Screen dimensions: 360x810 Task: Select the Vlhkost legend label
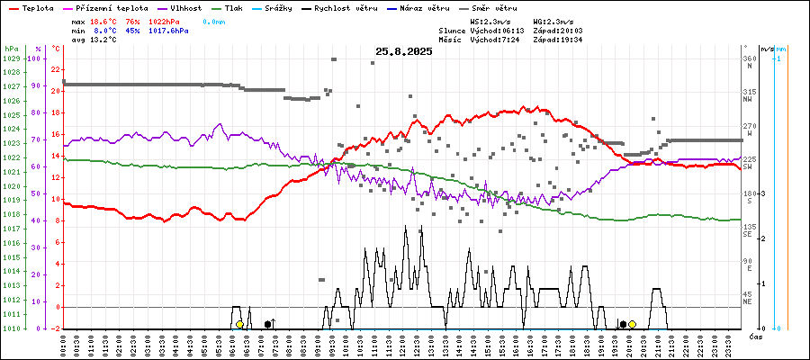coord(186,8)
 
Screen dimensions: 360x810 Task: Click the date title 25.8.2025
coord(404,51)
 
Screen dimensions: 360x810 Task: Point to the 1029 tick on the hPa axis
coord(11,58)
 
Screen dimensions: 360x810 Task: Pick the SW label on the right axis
coord(748,166)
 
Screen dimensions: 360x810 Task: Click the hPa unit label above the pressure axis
coord(11,49)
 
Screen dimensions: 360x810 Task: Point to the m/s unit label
coord(766,49)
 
